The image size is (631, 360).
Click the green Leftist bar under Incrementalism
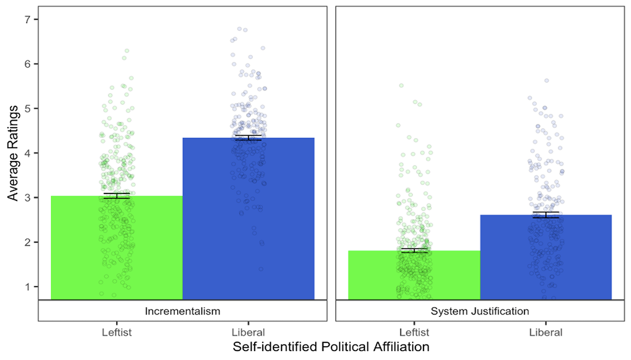click(x=117, y=248)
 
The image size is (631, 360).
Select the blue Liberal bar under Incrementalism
click(x=248, y=218)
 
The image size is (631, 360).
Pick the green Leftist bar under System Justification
click(x=414, y=275)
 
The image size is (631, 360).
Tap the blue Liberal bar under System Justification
click(x=546, y=257)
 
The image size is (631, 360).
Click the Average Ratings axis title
click(x=12, y=153)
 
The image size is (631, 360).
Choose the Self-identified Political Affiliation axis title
click(x=331, y=347)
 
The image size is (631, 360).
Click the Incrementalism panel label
click(x=183, y=311)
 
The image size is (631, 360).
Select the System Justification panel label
click(x=480, y=311)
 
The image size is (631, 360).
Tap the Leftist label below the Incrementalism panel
click(x=117, y=332)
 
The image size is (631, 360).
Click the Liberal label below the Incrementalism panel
click(x=248, y=332)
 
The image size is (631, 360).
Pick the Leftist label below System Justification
click(x=414, y=332)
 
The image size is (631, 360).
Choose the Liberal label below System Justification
click(x=546, y=332)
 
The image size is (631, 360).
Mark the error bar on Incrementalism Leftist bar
click(x=117, y=196)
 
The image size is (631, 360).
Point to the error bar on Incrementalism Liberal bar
click(x=248, y=138)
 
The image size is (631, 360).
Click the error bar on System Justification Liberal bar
click(x=546, y=215)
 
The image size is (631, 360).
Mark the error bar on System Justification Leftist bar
click(x=414, y=251)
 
